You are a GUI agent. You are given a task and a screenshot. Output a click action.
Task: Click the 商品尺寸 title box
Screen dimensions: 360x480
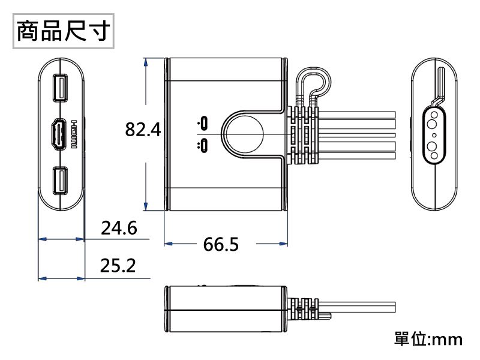pos(63,31)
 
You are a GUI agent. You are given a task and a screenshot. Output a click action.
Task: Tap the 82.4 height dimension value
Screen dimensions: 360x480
pos(143,129)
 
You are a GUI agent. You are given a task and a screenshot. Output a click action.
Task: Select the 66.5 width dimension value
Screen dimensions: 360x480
pos(221,244)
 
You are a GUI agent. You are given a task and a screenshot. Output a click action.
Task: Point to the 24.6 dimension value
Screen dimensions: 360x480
pos(119,229)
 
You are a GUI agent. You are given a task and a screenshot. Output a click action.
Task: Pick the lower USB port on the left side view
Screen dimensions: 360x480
pos(60,181)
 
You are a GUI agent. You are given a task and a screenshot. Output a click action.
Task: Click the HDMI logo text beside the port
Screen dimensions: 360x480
pos(74,133)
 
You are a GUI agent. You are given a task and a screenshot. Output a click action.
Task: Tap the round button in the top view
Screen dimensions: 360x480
pos(242,134)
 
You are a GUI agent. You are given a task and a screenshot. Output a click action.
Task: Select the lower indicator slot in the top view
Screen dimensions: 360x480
pos(205,145)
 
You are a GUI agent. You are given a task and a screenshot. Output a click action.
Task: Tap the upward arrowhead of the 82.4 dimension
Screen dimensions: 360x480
pos(147,62)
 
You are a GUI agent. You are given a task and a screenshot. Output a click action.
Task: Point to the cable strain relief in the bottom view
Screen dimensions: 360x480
pos(305,308)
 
